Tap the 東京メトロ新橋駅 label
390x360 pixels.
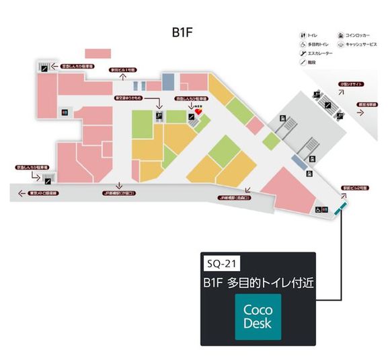(44, 194)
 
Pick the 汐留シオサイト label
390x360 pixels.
(352, 83)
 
